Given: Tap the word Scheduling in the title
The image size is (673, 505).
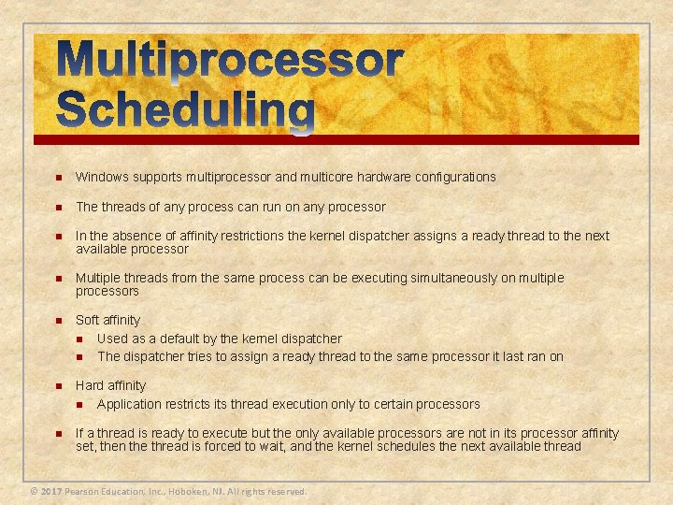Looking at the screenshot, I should (x=185, y=110).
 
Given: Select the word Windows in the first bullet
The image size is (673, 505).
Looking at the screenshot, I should (x=101, y=177).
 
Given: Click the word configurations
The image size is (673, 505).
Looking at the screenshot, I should (x=449, y=177).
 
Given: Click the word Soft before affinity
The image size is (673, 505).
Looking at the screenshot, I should (x=88, y=320).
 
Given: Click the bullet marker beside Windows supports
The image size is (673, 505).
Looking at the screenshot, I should (x=58, y=178).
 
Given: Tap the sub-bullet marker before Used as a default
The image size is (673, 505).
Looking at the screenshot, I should (x=80, y=339).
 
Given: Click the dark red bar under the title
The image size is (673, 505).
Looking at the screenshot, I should (x=336, y=139).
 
